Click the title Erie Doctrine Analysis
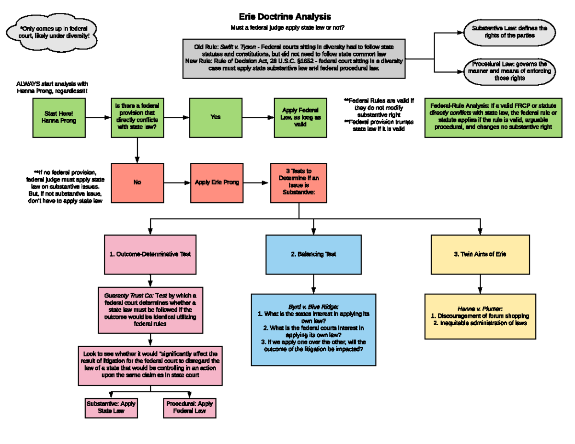(285, 17)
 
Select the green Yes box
(216, 117)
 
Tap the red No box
(138, 182)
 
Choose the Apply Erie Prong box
(217, 182)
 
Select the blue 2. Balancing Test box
(313, 254)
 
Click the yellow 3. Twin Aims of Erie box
(479, 254)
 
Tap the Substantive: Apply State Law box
(111, 407)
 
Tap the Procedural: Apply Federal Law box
(189, 407)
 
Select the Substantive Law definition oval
(509, 32)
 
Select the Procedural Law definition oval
(509, 71)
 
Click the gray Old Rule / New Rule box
(294, 58)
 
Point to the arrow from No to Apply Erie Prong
(177, 182)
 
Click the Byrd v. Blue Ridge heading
(313, 307)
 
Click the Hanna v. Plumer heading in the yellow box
(480, 309)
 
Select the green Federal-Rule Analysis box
(494, 117)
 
